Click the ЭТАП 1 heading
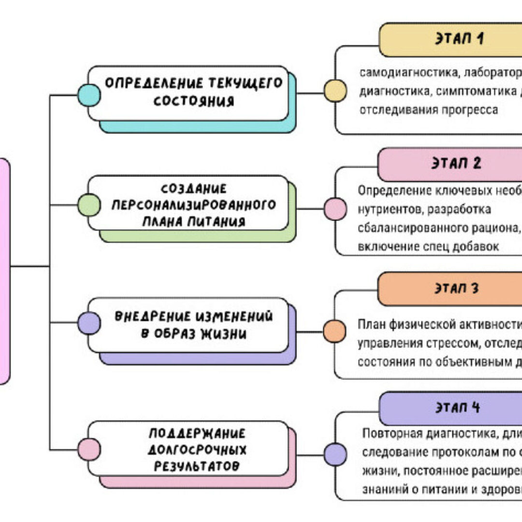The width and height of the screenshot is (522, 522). pyautogui.click(x=459, y=39)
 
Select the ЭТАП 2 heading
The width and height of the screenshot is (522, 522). pyautogui.click(x=456, y=163)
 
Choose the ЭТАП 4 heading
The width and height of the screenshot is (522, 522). pyautogui.click(x=456, y=407)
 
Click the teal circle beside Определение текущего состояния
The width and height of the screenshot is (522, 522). pyautogui.click(x=89, y=95)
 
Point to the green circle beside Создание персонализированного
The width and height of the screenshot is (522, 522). pyautogui.click(x=89, y=204)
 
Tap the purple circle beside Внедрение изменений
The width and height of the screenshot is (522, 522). pyautogui.click(x=89, y=323)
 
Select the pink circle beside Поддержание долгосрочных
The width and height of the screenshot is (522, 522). pyautogui.click(x=89, y=449)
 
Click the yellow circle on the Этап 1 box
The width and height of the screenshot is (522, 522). pyautogui.click(x=335, y=91)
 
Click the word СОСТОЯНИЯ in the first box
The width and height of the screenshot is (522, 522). pyautogui.click(x=194, y=101)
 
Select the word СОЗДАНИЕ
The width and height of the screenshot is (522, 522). pyautogui.click(x=193, y=188)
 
